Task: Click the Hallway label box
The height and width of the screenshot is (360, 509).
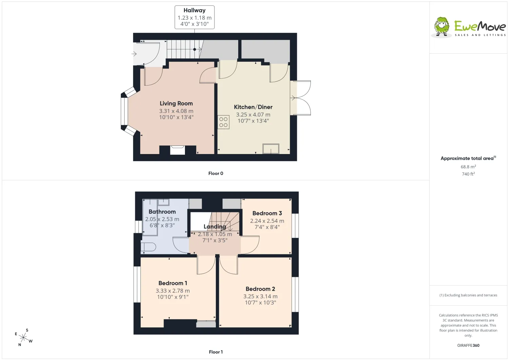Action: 194,17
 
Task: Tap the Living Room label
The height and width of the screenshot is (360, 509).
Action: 176,103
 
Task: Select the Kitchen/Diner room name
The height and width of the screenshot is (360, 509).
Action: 253,107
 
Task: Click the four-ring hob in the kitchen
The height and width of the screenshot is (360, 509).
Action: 223,122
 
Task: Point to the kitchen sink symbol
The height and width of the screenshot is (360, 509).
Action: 271,149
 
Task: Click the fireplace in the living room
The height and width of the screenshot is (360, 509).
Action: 177,150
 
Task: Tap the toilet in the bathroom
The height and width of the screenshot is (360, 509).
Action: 148,247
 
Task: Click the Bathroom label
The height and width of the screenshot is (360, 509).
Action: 162,212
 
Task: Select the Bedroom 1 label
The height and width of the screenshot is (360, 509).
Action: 173,283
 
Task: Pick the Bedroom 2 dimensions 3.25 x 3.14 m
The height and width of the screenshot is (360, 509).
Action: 260,296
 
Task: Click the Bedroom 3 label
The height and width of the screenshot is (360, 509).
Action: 267,213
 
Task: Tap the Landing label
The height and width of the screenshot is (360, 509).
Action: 215,227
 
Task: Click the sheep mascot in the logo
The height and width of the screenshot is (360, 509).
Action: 441,27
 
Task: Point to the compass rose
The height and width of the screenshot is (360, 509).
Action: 23,338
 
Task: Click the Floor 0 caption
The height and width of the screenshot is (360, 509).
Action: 215,173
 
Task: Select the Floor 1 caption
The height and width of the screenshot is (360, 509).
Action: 215,352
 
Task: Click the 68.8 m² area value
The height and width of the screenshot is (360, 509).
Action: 468,167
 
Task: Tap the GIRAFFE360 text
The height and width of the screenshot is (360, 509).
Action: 468,345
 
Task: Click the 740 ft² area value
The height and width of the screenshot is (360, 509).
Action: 468,174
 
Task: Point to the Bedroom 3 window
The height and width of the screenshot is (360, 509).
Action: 295,226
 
